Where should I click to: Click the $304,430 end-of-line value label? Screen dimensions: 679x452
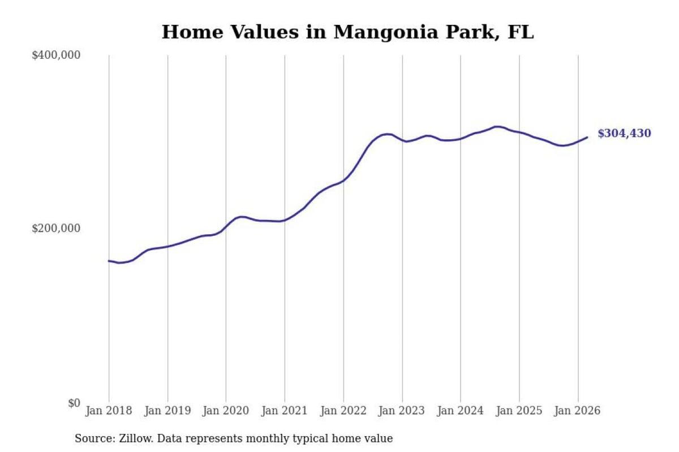coord(624,134)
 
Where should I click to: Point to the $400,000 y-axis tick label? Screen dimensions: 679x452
coord(56,55)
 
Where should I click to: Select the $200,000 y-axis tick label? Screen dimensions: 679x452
coord(56,229)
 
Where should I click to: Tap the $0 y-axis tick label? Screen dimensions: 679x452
coord(74,403)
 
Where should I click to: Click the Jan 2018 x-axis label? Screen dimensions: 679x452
coord(109,411)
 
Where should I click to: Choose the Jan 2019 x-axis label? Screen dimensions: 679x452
coord(167,411)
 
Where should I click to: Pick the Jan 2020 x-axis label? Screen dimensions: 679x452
coord(226,411)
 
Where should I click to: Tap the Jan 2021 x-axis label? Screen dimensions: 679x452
coord(285,411)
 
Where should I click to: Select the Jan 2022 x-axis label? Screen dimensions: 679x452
coord(343,411)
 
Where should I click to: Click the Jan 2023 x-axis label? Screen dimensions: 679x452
coord(402,411)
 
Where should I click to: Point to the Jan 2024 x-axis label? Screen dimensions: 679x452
coord(461,411)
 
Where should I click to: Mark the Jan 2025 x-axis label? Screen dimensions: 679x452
coord(519,411)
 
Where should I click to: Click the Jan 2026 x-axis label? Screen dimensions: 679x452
coord(578,411)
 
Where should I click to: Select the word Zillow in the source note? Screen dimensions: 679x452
coord(136,438)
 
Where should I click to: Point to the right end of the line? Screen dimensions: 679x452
coord(587,137)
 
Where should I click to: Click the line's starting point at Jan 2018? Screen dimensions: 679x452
coord(109,261)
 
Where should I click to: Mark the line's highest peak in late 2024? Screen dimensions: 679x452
coord(497,127)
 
